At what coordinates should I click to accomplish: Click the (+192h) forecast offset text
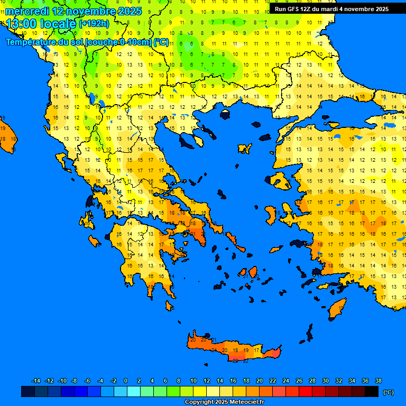(x=94, y=24)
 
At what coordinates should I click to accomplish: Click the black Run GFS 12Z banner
(x=331, y=9)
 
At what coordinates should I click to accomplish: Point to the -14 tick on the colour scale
(x=36, y=381)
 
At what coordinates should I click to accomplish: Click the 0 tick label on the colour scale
(x=126, y=381)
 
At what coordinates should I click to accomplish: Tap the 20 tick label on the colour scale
(x=259, y=381)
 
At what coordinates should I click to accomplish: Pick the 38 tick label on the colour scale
(x=378, y=381)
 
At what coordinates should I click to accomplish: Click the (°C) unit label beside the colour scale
(x=388, y=392)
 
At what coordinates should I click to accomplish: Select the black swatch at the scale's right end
(x=372, y=391)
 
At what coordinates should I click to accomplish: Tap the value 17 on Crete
(x=256, y=350)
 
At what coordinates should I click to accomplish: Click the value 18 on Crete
(x=235, y=350)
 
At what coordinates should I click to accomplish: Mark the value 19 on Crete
(x=246, y=350)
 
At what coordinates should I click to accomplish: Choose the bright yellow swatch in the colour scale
(x=200, y=391)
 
